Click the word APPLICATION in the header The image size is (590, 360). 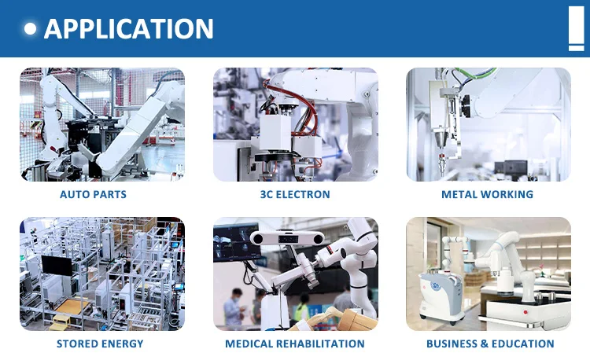pos(129,29)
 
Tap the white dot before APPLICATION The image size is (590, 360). pos(31,29)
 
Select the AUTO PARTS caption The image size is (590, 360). pos(93,194)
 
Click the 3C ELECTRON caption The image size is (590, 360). pos(295,194)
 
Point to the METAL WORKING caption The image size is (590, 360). pos(487,194)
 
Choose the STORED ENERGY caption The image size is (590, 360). pos(100,343)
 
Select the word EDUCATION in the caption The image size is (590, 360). pos(522,343)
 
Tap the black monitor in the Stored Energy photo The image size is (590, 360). pos(56,266)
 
